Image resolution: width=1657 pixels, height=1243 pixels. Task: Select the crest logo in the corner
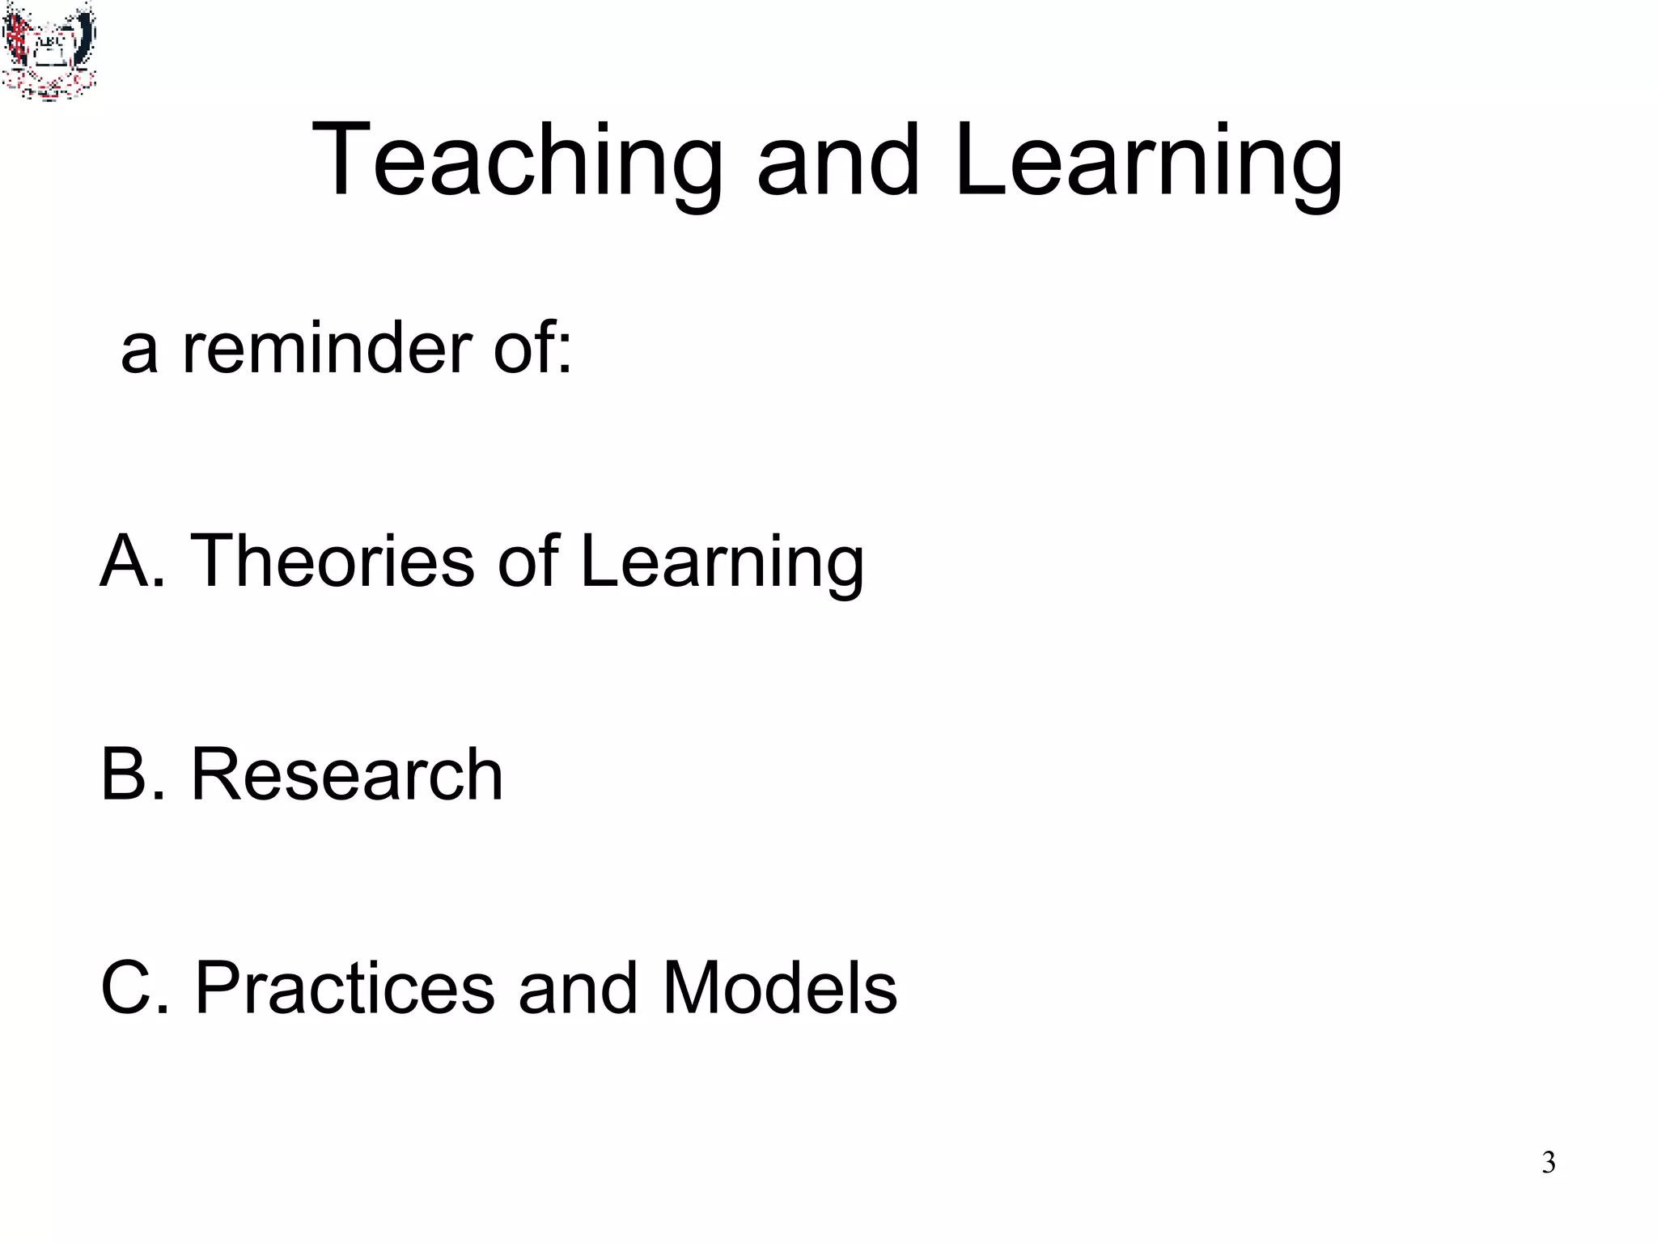click(49, 50)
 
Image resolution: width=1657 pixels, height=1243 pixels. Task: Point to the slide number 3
click(1548, 1162)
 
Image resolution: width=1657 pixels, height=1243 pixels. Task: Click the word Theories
click(332, 560)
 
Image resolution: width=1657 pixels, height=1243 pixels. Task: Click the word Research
click(346, 774)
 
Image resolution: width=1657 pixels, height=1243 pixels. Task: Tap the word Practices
click(345, 989)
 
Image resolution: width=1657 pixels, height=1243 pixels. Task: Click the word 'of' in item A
click(528, 560)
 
